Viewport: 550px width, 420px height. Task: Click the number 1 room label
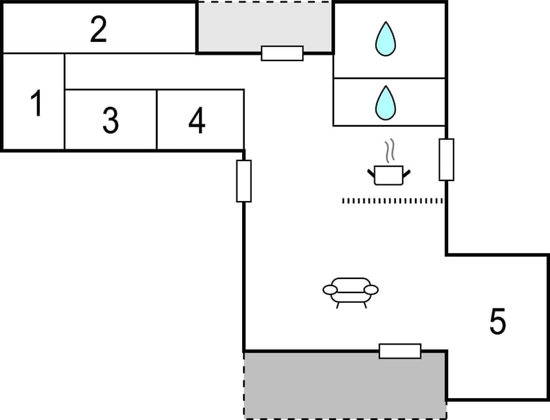tap(37, 104)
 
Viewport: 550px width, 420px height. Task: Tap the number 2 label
tap(98, 30)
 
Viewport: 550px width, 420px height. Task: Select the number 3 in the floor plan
tap(111, 120)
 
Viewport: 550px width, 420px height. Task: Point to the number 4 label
tap(197, 120)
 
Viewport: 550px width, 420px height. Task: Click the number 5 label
tap(497, 322)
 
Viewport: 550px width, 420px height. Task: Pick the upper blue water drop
tap(386, 39)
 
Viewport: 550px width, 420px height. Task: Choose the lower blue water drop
tap(385, 103)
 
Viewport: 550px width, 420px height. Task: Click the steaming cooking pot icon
tap(388, 175)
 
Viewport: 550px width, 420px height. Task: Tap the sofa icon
tap(350, 291)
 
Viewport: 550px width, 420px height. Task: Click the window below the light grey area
tap(282, 53)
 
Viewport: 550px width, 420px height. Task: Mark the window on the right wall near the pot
tap(446, 160)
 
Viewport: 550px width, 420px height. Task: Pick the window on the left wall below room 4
tap(243, 181)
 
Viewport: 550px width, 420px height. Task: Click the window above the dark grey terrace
tap(400, 351)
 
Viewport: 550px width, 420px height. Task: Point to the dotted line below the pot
tap(393, 201)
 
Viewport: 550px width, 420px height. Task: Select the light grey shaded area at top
tap(264, 26)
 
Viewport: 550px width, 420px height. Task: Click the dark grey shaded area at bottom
tap(345, 385)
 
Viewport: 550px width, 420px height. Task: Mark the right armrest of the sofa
tap(372, 290)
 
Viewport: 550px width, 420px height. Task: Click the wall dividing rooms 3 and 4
tap(156, 120)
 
